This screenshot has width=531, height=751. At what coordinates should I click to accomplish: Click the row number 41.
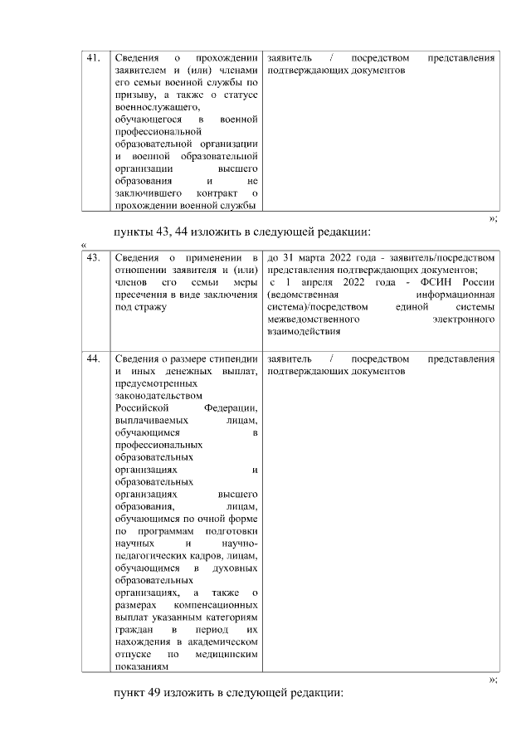click(x=94, y=59)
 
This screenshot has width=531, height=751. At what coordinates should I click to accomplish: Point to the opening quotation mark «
click(x=84, y=244)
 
